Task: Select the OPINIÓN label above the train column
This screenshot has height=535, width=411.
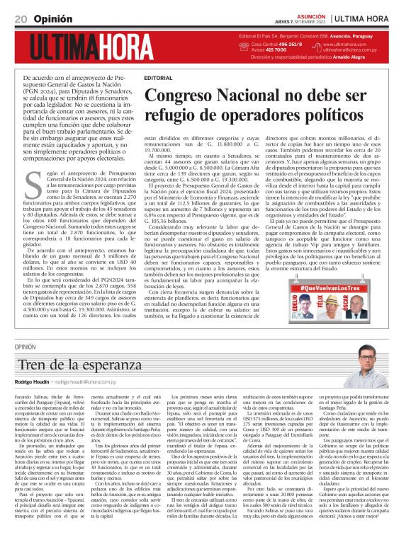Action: (x=25, y=347)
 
